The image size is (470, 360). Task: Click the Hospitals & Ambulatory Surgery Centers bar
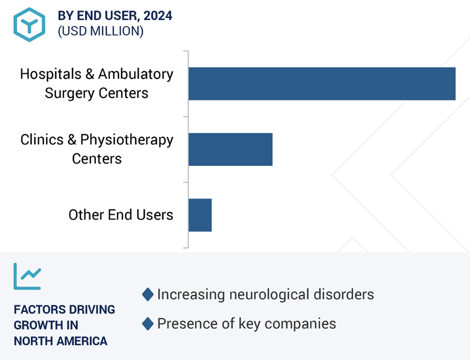coord(322,83)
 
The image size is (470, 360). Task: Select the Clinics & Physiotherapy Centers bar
coord(231,149)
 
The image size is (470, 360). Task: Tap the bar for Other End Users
coord(200,215)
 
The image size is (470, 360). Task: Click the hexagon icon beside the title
coord(29,25)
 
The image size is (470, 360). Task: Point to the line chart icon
coord(27,276)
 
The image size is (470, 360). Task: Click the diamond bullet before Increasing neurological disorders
coord(148,294)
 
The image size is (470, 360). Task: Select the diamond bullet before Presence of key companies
coord(148,324)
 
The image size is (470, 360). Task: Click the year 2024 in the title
coord(158,15)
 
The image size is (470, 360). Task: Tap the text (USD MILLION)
coord(100,31)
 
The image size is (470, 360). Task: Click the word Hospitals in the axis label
coord(51,74)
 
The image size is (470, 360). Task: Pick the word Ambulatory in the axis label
coord(136,74)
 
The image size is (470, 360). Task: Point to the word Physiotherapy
coord(127,140)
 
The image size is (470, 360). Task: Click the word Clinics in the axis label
coord(42,140)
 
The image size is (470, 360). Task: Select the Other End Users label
coord(121,215)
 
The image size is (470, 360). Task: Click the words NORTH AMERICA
coord(60,341)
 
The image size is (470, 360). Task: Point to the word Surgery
coord(70,93)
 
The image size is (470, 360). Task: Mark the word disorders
coord(344,294)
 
